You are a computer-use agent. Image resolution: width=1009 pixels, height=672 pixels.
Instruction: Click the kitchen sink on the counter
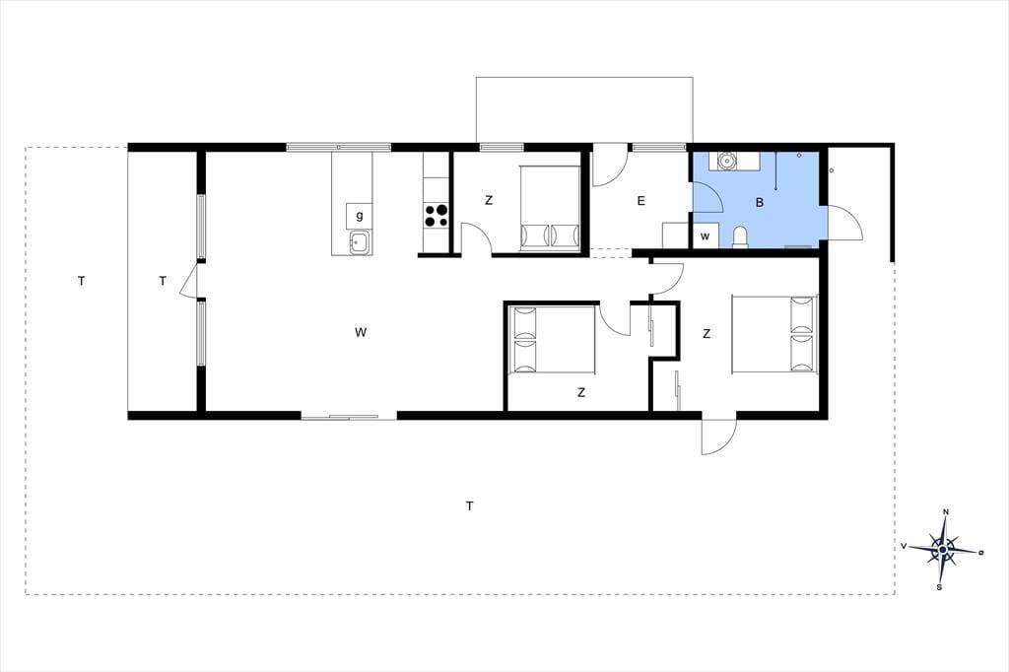coord(359,242)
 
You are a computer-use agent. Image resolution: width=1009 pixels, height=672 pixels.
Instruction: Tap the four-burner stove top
coord(436,215)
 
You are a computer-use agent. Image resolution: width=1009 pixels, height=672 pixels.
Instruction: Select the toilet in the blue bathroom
coord(740,236)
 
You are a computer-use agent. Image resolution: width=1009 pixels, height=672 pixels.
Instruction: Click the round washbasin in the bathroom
coord(726,160)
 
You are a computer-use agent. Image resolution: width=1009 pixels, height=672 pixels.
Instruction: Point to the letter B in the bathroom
coord(760,203)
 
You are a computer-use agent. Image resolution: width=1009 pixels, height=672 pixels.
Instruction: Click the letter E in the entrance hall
coord(640,201)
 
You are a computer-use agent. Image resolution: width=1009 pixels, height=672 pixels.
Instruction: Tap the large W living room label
coord(361,332)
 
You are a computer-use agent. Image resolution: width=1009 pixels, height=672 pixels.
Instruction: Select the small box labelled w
coord(706,235)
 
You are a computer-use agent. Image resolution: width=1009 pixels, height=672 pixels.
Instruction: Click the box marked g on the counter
coord(359,216)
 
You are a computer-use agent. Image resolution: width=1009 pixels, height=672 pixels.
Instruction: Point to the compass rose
coord(942,549)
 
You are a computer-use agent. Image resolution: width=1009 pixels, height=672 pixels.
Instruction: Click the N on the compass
coord(945,512)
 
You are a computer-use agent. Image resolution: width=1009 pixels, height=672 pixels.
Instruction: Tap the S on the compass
coord(939,587)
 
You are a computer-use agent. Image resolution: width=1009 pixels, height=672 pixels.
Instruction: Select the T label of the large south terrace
coord(470,505)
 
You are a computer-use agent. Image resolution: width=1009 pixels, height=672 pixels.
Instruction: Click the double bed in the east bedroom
coord(774,334)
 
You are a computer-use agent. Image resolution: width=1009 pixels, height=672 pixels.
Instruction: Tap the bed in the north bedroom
coord(550,209)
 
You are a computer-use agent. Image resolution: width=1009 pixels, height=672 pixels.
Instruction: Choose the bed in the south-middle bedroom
coord(552,339)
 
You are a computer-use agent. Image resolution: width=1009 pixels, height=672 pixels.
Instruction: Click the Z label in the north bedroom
coord(489,200)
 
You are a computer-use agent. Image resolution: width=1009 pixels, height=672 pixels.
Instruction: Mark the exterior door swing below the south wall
coord(717,437)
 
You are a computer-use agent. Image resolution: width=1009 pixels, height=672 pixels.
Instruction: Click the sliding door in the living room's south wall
coord(349,417)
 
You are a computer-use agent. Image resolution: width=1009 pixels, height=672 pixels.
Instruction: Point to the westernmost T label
coord(81,281)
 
